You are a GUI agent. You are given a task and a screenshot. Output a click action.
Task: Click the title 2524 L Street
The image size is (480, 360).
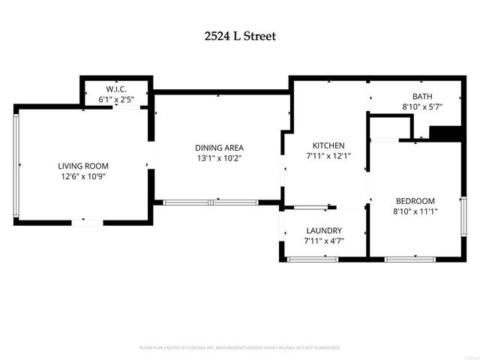point(240,35)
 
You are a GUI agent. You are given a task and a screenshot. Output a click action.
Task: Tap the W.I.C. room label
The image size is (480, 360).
point(116,88)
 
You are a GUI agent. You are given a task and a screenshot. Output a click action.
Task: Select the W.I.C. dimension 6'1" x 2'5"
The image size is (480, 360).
point(116,99)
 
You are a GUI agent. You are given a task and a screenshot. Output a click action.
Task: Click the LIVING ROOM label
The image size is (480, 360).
point(83,166)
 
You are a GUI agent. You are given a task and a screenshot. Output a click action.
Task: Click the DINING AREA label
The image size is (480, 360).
point(219,148)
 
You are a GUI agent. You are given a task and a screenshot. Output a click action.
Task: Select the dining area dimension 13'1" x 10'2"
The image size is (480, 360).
point(219,158)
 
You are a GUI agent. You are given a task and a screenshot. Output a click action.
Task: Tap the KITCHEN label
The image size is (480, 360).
point(328,145)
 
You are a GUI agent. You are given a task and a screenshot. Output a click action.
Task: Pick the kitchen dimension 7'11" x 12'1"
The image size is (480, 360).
point(328,156)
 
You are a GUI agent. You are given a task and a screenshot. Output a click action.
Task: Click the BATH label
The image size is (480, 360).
point(422,96)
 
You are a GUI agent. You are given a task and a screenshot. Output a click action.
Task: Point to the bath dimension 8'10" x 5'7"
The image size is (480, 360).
point(422,106)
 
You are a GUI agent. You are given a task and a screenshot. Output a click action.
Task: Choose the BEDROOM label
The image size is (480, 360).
point(415,201)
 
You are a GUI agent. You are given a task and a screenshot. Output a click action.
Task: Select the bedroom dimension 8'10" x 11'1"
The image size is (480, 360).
point(415,211)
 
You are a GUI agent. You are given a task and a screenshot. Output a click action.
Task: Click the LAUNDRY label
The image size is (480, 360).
point(324,230)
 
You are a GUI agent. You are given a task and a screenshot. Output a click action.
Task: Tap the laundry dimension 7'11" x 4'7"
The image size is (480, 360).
point(324,241)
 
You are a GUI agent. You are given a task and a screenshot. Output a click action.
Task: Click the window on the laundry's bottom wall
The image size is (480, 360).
point(312,259)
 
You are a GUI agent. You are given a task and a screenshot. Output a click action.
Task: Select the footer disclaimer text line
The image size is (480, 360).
point(240,348)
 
